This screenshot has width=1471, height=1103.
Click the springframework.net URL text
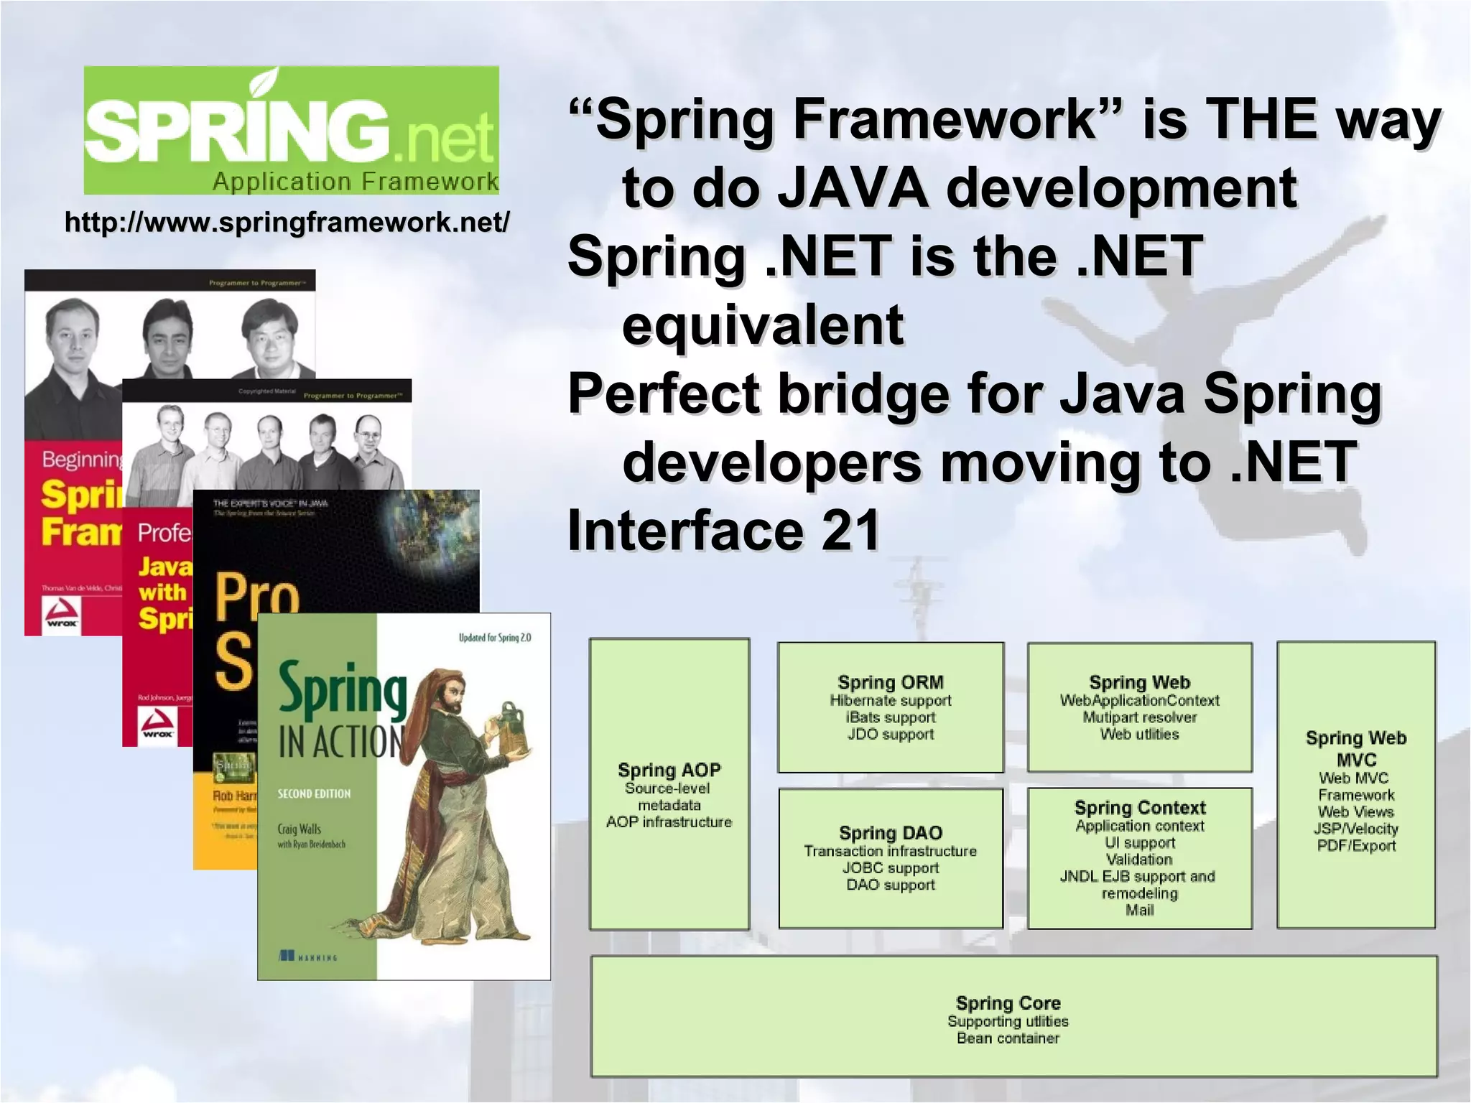[287, 223]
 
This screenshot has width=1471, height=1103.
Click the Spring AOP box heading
[669, 770]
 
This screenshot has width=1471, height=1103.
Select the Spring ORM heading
[890, 682]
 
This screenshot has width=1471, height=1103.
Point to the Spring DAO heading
[890, 833]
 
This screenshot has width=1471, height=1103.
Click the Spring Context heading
[1139, 808]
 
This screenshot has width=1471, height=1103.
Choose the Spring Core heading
[1008, 1003]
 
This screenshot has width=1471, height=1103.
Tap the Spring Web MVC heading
[1355, 748]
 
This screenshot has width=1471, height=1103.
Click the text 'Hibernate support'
[890, 700]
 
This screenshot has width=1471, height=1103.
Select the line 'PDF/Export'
[1355, 846]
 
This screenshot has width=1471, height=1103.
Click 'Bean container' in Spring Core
[1008, 1038]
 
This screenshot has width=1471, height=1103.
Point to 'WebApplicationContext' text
[1139, 700]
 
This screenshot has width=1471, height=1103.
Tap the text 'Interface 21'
[723, 530]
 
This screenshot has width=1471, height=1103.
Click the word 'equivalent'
[762, 325]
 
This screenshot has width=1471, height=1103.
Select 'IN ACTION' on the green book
[340, 742]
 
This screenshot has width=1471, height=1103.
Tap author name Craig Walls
[299, 829]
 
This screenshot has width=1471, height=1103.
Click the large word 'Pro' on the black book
[256, 596]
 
